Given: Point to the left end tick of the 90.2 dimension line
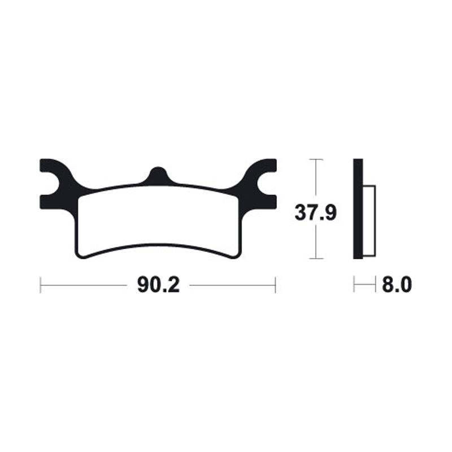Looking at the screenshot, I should [41, 285].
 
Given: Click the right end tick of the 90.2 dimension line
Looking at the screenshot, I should [275, 285].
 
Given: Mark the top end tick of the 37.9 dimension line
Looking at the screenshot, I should [316, 160].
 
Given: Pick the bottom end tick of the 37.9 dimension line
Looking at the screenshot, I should [316, 259].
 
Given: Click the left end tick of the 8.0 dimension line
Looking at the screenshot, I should [354, 285].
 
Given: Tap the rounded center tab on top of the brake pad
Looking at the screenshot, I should [158, 174].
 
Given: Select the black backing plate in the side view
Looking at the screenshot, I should [357, 209].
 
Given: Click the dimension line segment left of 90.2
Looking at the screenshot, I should [85, 285].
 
